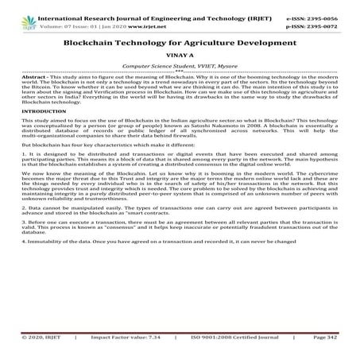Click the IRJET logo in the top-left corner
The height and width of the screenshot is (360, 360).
14,12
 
